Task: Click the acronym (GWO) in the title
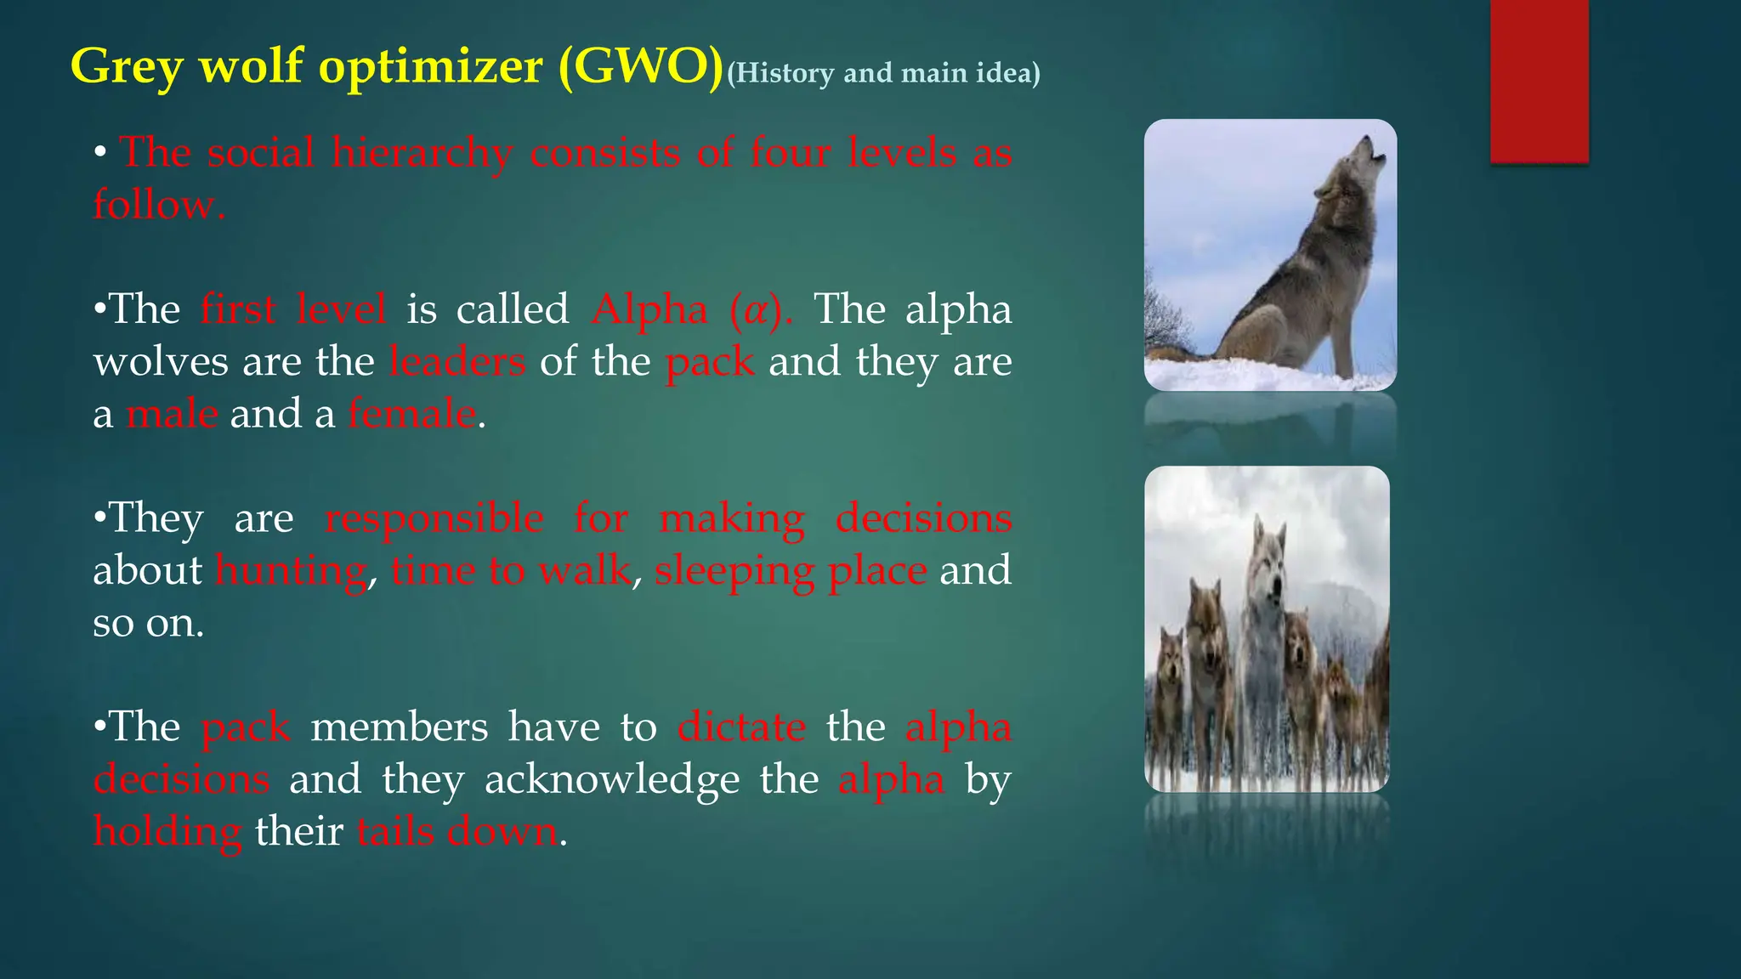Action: click(x=640, y=66)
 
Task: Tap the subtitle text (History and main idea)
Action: click(x=883, y=73)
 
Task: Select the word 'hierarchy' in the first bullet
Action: click(x=422, y=155)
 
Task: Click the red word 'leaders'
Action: click(x=457, y=362)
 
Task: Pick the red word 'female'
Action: click(x=411, y=414)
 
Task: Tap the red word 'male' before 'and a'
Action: click(x=172, y=414)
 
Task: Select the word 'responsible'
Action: click(x=434, y=518)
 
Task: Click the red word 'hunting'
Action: click(x=291, y=571)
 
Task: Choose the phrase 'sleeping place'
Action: click(x=791, y=571)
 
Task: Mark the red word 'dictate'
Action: click(x=741, y=727)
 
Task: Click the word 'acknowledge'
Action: click(x=612, y=779)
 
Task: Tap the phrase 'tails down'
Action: click(x=457, y=831)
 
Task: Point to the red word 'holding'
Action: click(x=167, y=832)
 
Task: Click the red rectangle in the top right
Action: click(x=1539, y=81)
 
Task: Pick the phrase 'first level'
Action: click(x=293, y=309)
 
